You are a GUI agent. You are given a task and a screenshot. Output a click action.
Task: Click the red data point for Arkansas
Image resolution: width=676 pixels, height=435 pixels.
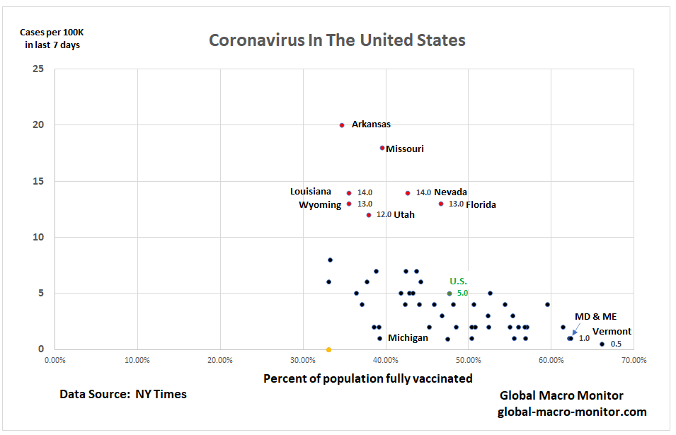tap(342, 125)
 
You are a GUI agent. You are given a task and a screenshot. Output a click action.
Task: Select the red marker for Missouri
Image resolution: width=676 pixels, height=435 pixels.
tap(382, 148)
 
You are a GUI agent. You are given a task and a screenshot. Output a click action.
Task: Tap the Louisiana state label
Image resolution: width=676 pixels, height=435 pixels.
tap(310, 192)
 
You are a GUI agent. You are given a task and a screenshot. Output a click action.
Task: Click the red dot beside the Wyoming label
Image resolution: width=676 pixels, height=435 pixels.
tap(349, 204)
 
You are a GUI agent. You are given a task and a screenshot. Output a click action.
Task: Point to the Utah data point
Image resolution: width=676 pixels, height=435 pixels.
tap(369, 215)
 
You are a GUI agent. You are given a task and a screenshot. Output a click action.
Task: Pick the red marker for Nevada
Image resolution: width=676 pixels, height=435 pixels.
tap(408, 192)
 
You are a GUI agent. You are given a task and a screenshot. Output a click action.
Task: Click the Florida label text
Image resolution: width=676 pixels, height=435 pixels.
tap(481, 205)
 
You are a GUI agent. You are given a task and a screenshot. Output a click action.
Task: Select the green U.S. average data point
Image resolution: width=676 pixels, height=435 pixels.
tap(449, 293)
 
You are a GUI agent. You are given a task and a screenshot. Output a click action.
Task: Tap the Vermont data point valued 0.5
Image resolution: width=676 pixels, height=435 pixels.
tap(602, 344)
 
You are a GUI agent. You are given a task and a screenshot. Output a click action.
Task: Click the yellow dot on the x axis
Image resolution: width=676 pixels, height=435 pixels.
tap(328, 349)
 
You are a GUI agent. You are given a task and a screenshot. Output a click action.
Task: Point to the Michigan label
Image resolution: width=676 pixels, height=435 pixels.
tap(408, 338)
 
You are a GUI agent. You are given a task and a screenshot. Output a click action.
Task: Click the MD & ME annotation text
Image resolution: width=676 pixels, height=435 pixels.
tap(595, 317)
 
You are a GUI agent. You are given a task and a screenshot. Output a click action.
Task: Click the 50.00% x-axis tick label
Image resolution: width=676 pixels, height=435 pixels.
tap(468, 360)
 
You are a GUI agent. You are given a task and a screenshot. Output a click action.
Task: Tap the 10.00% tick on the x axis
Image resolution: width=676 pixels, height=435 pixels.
tap(137, 360)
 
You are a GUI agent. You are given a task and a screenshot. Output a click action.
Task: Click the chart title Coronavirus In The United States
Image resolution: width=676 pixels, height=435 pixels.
tap(337, 40)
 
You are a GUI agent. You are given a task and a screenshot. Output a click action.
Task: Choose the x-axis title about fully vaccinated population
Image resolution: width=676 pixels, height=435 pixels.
tap(367, 378)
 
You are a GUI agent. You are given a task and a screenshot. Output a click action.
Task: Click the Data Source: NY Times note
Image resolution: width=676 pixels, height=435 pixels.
tap(123, 394)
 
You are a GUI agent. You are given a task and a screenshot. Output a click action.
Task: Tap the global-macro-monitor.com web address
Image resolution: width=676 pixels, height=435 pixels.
tap(572, 412)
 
